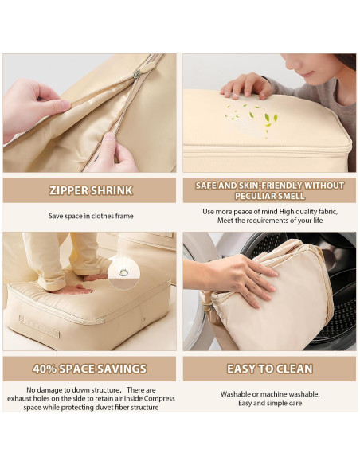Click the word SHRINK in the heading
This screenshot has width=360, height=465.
pos(112,190)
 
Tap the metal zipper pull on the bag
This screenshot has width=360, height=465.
pos(137,74)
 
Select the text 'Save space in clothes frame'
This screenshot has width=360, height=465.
pos(91,216)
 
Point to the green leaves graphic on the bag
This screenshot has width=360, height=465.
pos(252,119)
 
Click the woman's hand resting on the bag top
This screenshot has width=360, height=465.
pos(246,86)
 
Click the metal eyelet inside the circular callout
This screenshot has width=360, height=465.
pos(123,272)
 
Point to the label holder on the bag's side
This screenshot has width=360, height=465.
pos(40,326)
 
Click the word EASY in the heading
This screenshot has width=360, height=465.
pos(241,369)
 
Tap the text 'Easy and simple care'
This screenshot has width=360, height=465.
pos(270,403)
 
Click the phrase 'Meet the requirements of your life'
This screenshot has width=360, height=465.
pos(270,221)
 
